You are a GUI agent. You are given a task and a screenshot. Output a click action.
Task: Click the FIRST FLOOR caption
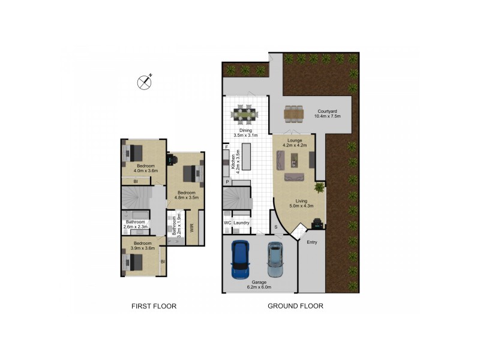coord(154,306)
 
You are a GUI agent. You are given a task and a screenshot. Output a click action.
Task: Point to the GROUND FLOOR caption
coord(295,306)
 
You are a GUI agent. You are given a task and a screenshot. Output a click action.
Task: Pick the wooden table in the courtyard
coord(294,112)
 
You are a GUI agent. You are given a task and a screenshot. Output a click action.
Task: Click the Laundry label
coord(241,223)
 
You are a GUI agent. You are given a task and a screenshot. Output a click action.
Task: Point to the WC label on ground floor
coord(227,223)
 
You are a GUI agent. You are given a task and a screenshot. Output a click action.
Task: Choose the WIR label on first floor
coord(192,228)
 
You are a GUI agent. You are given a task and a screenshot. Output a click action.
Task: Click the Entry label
coord(312,242)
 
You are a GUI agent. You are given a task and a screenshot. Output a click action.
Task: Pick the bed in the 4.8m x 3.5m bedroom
coord(193,173)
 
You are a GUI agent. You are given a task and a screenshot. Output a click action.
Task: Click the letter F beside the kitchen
coord(227,146)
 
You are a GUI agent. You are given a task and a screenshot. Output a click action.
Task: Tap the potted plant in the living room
coord(319,188)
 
